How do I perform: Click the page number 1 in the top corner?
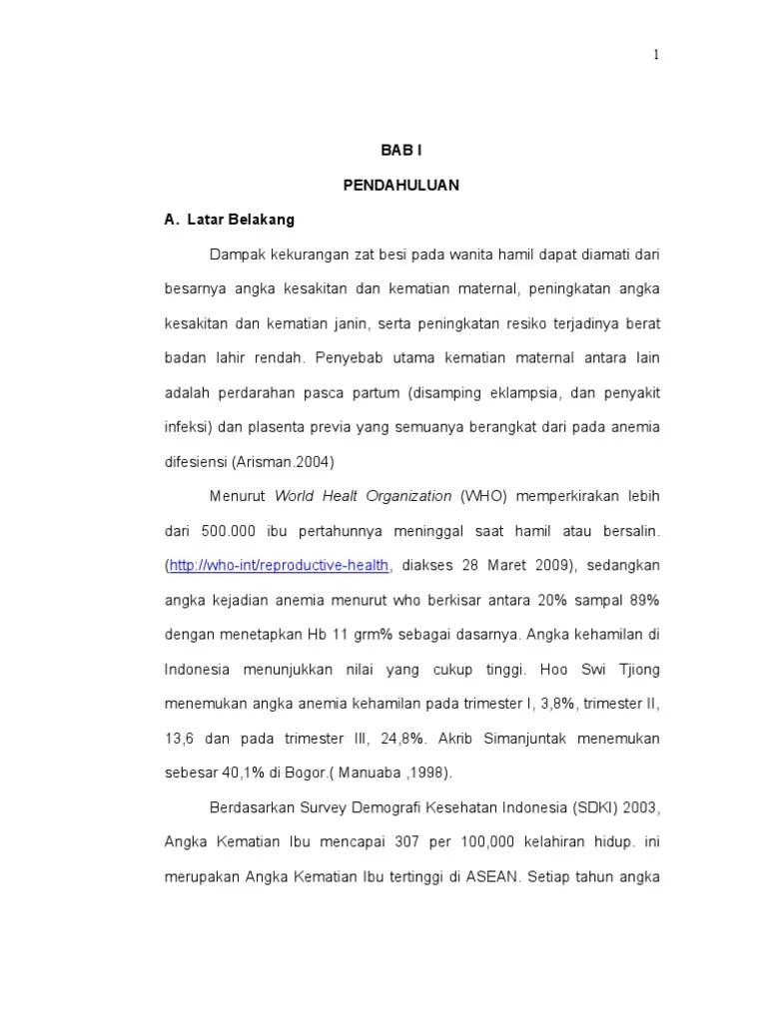coord(656,55)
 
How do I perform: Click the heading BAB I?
coord(401,151)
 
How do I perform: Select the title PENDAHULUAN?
coord(400,186)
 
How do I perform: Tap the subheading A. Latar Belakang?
coord(229,220)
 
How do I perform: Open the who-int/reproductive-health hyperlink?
coord(279,566)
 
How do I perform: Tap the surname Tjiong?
coord(635,669)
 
